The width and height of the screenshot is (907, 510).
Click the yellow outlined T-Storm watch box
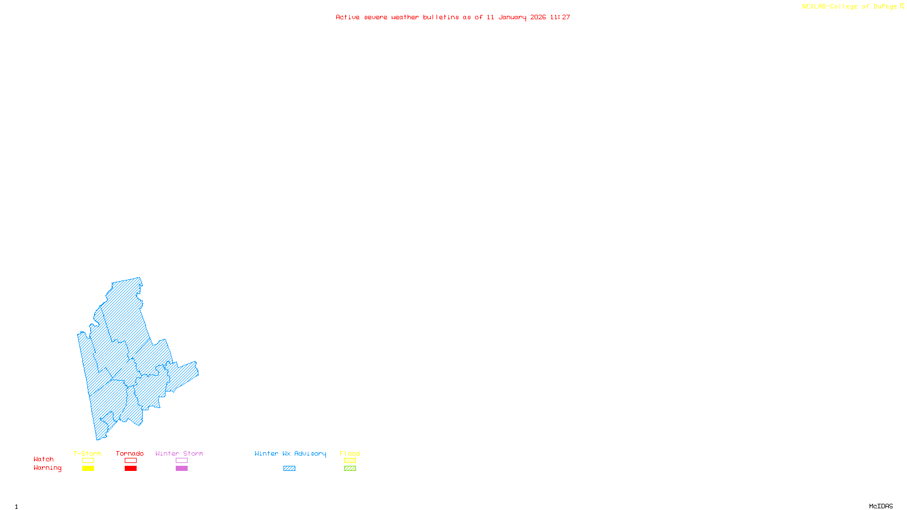point(88,461)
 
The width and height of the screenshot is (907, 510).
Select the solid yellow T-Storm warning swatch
point(88,469)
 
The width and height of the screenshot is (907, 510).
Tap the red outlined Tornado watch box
point(130,461)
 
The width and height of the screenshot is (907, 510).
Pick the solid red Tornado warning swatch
point(130,469)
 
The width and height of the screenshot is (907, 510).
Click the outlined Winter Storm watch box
point(181,461)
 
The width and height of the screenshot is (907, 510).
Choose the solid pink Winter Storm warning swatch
point(181,469)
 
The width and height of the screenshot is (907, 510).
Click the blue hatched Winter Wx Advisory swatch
point(289,469)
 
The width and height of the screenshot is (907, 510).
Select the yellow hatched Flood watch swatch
point(350,461)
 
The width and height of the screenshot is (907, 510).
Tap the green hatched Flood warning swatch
point(350,469)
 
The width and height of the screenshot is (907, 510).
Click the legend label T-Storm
point(87,453)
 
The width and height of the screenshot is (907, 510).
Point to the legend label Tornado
point(130,453)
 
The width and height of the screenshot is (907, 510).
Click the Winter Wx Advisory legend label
point(290,453)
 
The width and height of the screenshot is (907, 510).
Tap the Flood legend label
point(350,453)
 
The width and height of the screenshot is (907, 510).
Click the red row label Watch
point(44,460)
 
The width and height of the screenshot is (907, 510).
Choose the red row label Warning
point(47,468)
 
